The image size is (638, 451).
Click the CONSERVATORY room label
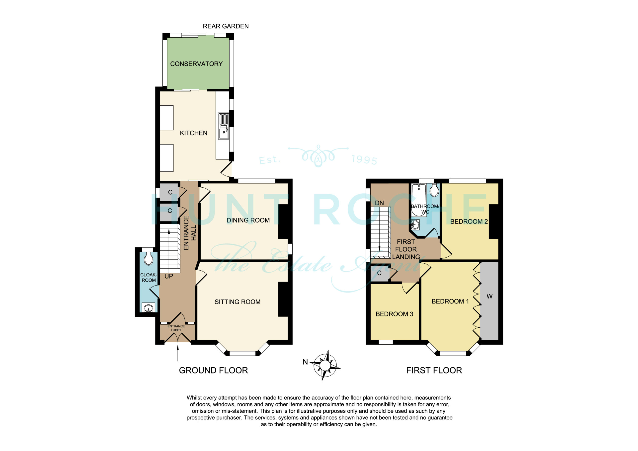click(x=196, y=64)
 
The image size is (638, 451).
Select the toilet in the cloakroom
click(x=149, y=259)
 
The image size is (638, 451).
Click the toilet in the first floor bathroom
click(x=434, y=190)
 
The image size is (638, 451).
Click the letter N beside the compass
click(x=305, y=362)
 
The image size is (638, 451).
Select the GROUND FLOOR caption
click(x=213, y=371)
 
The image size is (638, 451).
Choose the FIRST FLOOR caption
click(x=434, y=371)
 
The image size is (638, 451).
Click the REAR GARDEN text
click(x=226, y=26)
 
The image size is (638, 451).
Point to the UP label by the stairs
click(x=169, y=276)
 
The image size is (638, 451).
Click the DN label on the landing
click(x=379, y=203)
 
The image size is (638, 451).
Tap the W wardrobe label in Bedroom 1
click(x=490, y=297)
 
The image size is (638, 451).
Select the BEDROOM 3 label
click(x=394, y=314)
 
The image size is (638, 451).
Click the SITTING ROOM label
click(x=238, y=302)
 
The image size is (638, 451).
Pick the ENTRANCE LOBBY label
click(x=176, y=328)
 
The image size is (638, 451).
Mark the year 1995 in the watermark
click(x=364, y=159)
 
